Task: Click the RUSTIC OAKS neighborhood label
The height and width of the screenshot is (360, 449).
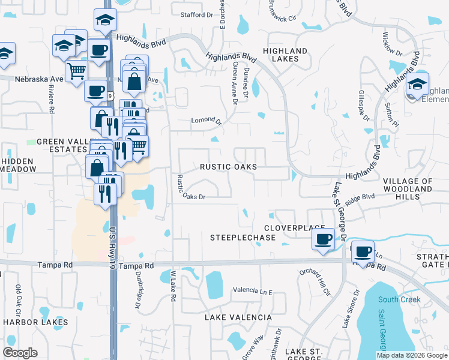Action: pyautogui.click(x=228, y=167)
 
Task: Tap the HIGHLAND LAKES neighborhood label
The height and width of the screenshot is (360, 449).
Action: pyautogui.click(x=285, y=55)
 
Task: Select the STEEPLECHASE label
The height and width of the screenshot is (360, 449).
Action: pyautogui.click(x=243, y=238)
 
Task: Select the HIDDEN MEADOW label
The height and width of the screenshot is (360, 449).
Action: pyautogui.click(x=18, y=166)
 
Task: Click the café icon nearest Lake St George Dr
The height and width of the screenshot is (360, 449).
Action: pyautogui.click(x=323, y=239)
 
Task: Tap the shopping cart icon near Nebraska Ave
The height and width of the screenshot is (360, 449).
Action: pyautogui.click(x=76, y=71)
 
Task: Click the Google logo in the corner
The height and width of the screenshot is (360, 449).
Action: pyautogui.click(x=20, y=353)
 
